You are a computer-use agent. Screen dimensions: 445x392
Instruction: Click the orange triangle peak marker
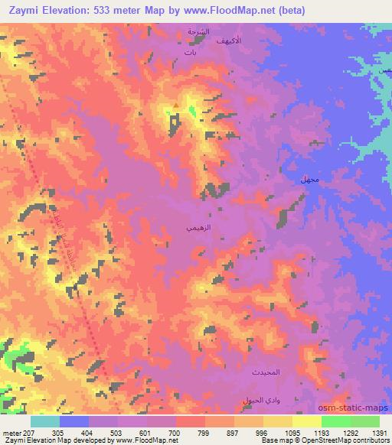(x=176, y=106)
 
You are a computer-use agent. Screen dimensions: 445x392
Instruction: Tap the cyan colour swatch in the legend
(x=45, y=421)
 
